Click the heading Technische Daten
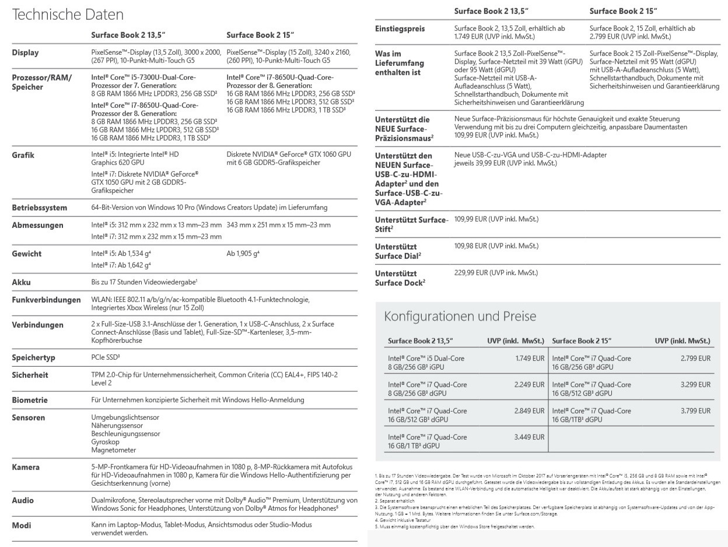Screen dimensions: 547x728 tap(68, 15)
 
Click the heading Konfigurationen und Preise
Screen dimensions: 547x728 tap(460, 317)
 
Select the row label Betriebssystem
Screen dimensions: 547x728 tap(39, 208)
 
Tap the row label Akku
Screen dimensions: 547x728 tap(21, 282)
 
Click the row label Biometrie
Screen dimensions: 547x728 tap(30, 400)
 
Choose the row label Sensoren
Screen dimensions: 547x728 tap(29, 418)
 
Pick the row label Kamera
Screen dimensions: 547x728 tap(26, 467)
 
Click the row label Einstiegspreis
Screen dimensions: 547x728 tap(400, 29)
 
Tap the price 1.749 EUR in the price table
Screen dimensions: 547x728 tap(530, 359)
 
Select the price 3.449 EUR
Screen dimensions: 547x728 tap(530, 437)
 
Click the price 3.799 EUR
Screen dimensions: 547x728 tap(695, 411)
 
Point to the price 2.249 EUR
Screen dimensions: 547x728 tap(530, 385)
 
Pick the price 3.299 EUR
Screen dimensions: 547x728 tap(695, 385)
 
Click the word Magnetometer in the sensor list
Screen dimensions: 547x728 tap(114, 450)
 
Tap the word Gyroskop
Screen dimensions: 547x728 tap(106, 442)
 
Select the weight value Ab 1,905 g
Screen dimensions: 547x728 tap(243, 254)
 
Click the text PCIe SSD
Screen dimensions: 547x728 tap(106, 357)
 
